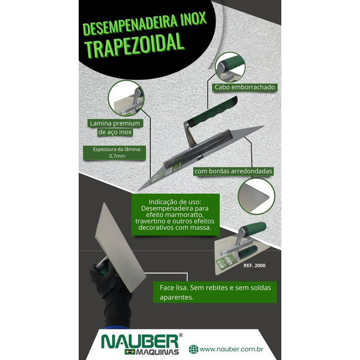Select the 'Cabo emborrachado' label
[245, 87]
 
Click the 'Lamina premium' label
[115, 123]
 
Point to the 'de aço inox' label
[115, 132]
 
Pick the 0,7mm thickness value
[117, 156]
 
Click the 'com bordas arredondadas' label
[233, 171]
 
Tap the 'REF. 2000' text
[255, 265]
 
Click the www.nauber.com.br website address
[231, 349]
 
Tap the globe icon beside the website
[193, 349]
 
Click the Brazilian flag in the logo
[130, 352]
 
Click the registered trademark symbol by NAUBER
[181, 335]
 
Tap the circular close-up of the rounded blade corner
[256, 196]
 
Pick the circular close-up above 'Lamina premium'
[126, 98]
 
